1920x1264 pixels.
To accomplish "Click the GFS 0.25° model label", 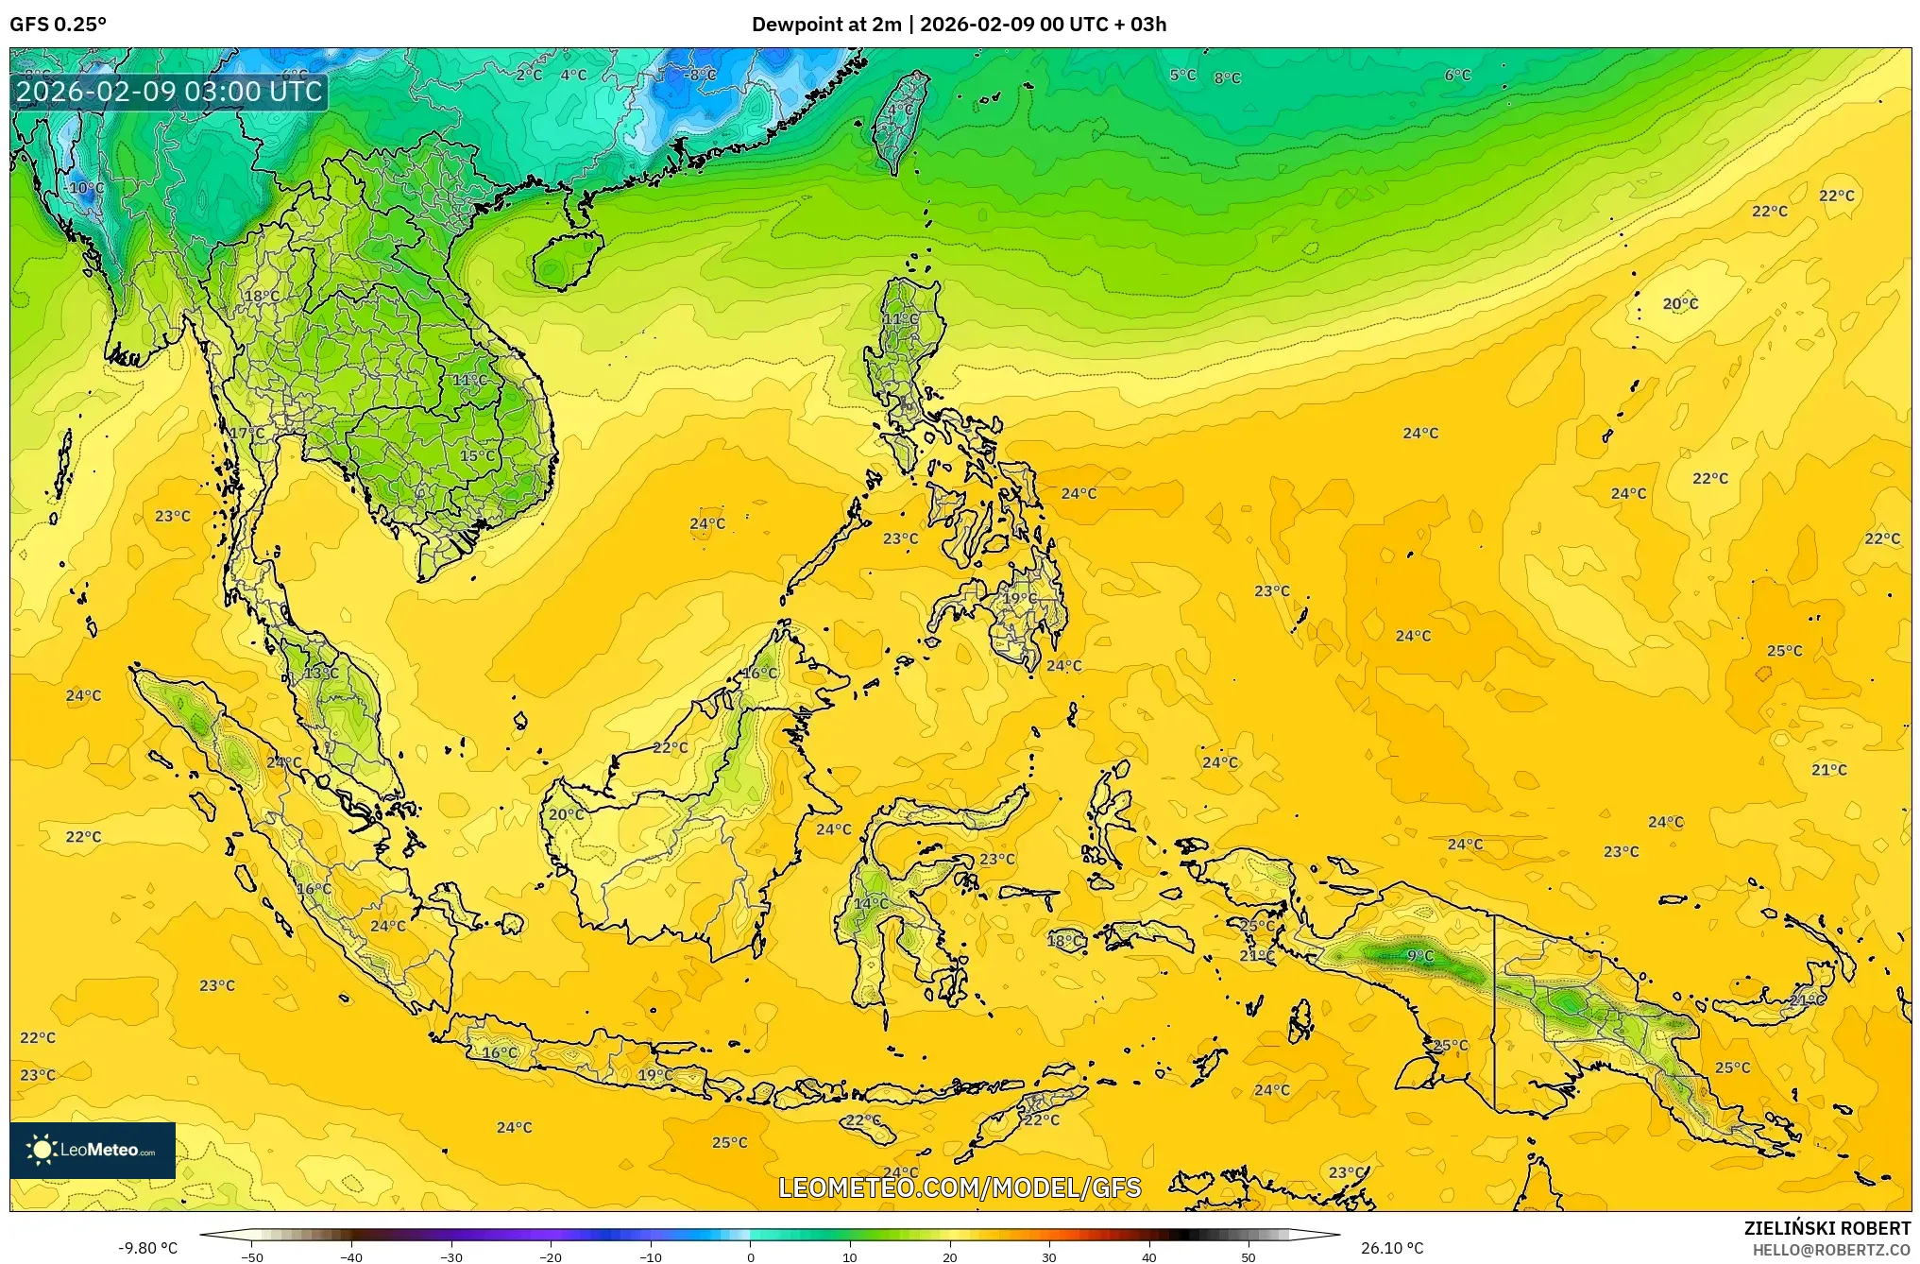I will point(58,25).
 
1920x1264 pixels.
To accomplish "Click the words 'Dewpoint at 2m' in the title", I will point(825,25).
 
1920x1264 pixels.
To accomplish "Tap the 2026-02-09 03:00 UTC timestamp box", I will point(169,92).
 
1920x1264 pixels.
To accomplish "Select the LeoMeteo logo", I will point(93,1150).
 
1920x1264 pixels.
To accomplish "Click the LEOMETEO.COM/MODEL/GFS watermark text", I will point(959,1187).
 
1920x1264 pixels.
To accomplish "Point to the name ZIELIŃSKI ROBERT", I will point(1827,1228).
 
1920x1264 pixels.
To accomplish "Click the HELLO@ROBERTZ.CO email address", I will point(1831,1250).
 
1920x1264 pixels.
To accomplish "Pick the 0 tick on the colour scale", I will point(751,1256).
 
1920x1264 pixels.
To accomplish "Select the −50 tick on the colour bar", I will point(252,1256).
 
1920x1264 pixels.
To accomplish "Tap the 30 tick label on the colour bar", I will point(1048,1256).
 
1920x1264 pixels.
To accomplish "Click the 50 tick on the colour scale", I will point(1248,1256).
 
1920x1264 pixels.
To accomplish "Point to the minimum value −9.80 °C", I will point(147,1248).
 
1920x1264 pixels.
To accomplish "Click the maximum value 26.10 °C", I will point(1392,1248).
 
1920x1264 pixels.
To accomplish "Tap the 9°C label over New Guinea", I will point(1419,956).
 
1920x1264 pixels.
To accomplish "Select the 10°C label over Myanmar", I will point(86,188).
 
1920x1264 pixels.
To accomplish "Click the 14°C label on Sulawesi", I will point(870,904).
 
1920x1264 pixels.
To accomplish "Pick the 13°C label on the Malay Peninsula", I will point(321,674).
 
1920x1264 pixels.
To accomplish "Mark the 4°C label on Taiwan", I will point(900,111).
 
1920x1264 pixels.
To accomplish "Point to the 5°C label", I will point(1182,75).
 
